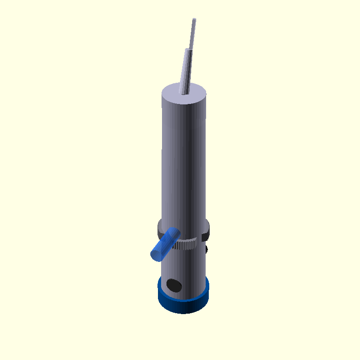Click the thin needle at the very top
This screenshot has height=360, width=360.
[193, 34]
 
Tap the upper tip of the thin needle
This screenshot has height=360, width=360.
[194, 19]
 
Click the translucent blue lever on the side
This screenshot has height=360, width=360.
[165, 245]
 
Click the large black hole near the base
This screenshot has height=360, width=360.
[174, 284]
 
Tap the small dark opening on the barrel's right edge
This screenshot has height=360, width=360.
[207, 249]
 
